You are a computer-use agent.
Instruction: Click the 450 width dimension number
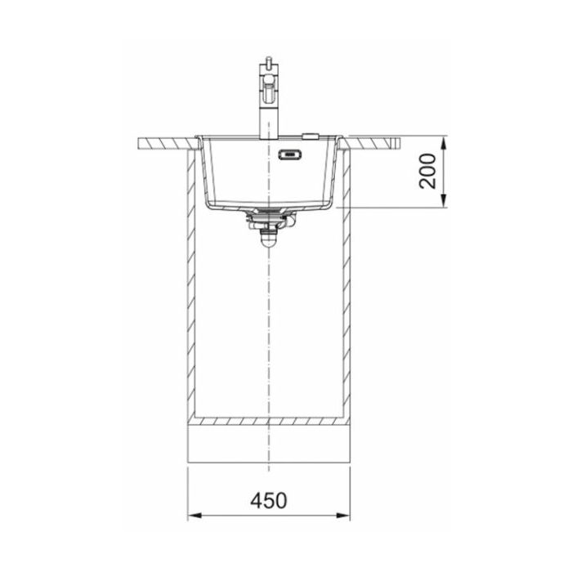pyautogui.click(x=269, y=500)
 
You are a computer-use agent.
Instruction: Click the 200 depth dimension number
pyautogui.click(x=427, y=171)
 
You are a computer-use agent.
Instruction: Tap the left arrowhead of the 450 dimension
pyautogui.click(x=194, y=516)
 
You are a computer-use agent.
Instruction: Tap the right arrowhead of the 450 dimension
pyautogui.click(x=342, y=516)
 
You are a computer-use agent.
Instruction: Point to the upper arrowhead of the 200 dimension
pyautogui.click(x=443, y=143)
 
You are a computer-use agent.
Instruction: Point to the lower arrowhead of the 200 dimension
pyautogui.click(x=443, y=201)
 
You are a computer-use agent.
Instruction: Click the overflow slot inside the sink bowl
pyautogui.click(x=290, y=154)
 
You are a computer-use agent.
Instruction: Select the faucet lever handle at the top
pyautogui.click(x=269, y=87)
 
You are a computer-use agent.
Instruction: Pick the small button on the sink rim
pyautogui.click(x=310, y=136)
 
